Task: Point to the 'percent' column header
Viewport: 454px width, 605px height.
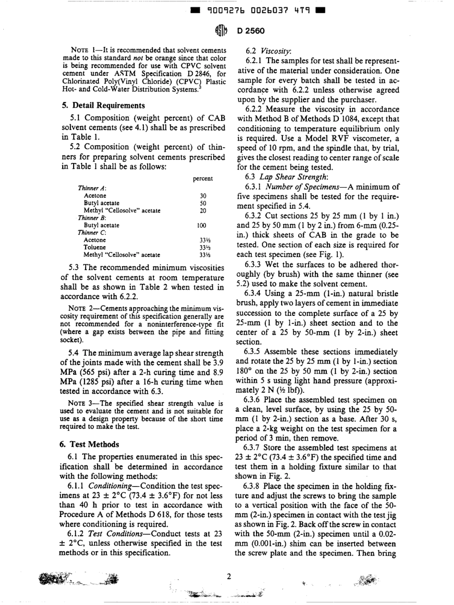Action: pos(202,178)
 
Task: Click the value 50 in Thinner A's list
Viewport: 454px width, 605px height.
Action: pos(202,203)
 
